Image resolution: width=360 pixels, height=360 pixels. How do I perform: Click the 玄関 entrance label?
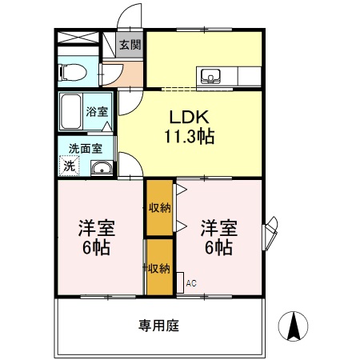point(129,46)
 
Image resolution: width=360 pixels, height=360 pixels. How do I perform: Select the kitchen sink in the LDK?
point(212,77)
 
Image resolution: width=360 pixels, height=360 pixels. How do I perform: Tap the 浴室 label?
point(98,112)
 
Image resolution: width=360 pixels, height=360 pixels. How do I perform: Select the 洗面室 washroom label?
point(84,147)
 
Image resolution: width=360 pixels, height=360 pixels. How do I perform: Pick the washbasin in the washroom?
point(101,167)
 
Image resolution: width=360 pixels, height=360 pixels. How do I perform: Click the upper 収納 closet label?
point(159,208)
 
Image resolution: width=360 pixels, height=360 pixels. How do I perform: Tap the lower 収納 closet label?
point(159,267)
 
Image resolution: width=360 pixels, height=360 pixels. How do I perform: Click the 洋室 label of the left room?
point(96,227)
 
